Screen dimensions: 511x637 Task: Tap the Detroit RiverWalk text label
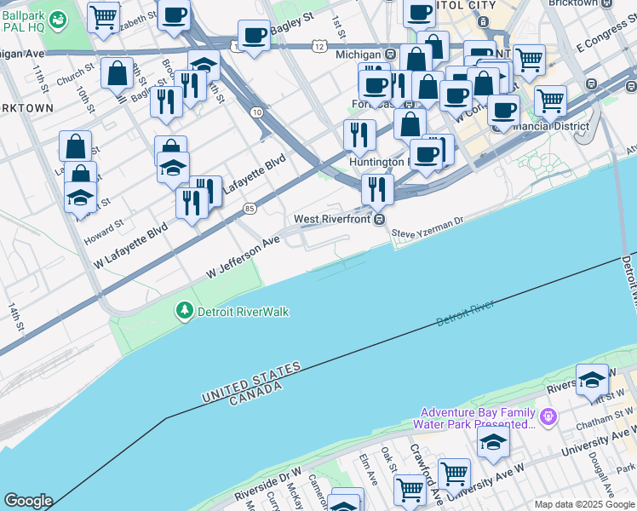click(243, 312)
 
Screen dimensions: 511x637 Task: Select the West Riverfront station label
click(332, 219)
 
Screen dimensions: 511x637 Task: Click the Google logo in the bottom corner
click(28, 501)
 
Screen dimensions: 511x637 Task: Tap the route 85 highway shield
click(249, 208)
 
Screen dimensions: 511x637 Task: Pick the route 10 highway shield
click(255, 112)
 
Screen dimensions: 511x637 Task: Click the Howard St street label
click(104, 232)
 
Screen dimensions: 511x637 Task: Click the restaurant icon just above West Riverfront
click(376, 189)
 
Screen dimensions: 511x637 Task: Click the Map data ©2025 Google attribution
click(583, 504)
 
